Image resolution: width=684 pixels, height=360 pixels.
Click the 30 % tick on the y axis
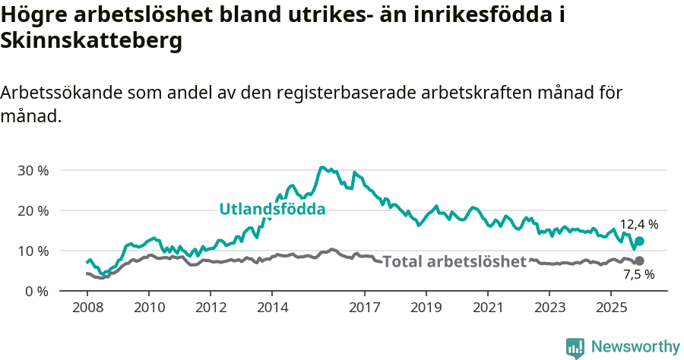click(33, 170)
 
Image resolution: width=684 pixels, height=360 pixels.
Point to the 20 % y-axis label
click(33, 210)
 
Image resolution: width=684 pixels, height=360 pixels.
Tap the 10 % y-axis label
click(33, 251)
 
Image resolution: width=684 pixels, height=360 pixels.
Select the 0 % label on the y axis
click(36, 291)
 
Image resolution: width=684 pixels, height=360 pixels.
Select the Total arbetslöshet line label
click(454, 262)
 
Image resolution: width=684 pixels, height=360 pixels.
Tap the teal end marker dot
click(639, 241)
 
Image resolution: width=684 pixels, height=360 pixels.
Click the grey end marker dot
click(639, 261)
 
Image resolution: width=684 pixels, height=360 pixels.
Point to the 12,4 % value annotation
click(639, 225)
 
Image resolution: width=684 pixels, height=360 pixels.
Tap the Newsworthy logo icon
click(575, 347)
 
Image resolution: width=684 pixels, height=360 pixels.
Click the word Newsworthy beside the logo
click(635, 346)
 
